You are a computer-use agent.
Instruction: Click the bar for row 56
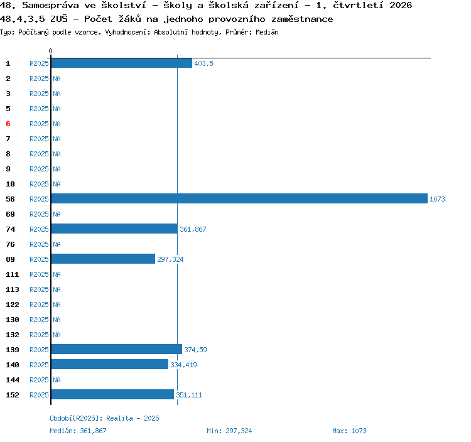coord(239,198)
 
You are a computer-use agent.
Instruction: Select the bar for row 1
coord(122,63)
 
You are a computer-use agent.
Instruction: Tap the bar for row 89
coord(103,259)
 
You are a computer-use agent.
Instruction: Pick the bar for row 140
coord(110,364)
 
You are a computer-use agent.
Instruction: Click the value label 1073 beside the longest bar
coord(437,199)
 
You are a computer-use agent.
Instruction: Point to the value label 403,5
coord(203,63)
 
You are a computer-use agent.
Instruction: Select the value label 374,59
coord(195,350)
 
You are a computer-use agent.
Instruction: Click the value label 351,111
coord(189,395)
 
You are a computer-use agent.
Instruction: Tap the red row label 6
coord(8,124)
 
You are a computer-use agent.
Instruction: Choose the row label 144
coord(13,380)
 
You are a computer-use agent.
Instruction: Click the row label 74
coord(10,229)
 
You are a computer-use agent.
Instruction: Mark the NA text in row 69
coord(57,214)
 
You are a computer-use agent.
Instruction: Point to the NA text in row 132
coord(57,335)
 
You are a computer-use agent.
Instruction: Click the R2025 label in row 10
coord(39,184)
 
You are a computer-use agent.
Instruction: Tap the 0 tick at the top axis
coord(50,51)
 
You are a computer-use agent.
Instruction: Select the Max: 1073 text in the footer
coord(349,431)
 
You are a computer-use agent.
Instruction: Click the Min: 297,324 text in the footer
coord(229,431)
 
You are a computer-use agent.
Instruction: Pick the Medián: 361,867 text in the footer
coord(78,431)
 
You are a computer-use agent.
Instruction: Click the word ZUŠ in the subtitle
coord(59,19)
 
